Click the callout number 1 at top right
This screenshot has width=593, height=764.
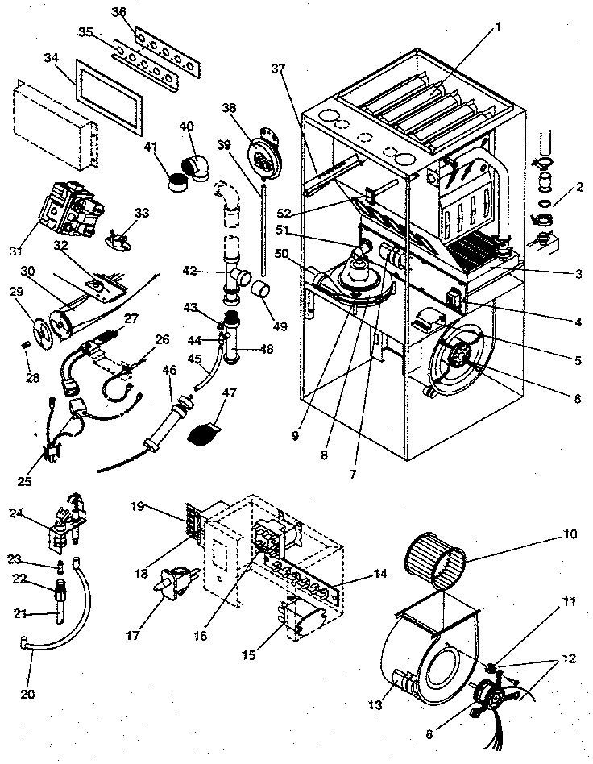coord(499,26)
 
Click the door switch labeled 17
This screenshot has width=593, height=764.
coord(177,582)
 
